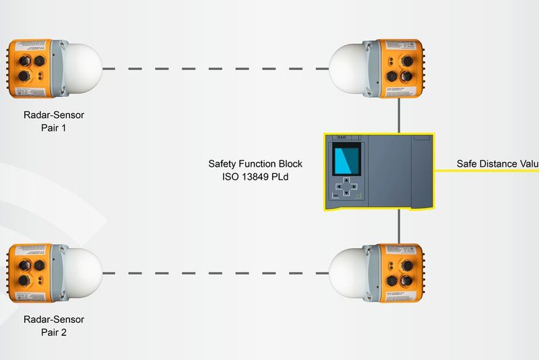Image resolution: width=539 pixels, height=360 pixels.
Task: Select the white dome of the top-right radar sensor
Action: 349,67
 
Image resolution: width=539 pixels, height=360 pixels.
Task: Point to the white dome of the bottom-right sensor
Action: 349,272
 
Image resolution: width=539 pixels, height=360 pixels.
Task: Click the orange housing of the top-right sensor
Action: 399,67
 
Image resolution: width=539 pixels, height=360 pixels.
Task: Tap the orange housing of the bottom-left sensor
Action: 31,272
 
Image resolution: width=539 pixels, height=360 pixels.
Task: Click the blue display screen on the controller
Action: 346,164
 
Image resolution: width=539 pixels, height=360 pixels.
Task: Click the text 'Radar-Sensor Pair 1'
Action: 53,121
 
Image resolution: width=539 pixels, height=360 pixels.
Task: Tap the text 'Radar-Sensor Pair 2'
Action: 53,326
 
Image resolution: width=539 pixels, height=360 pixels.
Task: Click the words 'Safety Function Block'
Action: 255,164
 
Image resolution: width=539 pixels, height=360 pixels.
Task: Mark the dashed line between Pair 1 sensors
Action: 216,68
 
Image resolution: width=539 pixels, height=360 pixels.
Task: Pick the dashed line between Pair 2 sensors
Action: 216,273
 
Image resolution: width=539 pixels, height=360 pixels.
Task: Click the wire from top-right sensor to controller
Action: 399,115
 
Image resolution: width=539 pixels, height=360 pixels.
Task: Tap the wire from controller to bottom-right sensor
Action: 399,227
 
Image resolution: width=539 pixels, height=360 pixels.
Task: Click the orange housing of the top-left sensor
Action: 31,67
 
